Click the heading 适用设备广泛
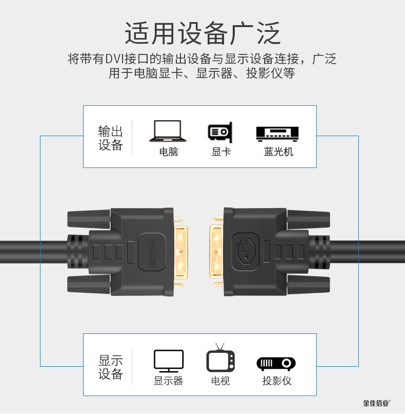point(202,33)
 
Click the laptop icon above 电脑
point(168,131)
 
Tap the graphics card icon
point(220,131)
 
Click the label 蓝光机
point(278,152)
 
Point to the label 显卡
point(221,152)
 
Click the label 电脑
point(169,152)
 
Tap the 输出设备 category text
point(111,138)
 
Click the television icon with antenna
point(220,359)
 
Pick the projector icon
point(276,363)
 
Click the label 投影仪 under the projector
point(277,381)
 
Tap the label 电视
point(220,381)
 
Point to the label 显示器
point(168,381)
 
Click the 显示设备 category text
point(111,367)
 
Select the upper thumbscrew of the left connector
point(89,218)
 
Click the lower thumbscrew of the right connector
point(309,284)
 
